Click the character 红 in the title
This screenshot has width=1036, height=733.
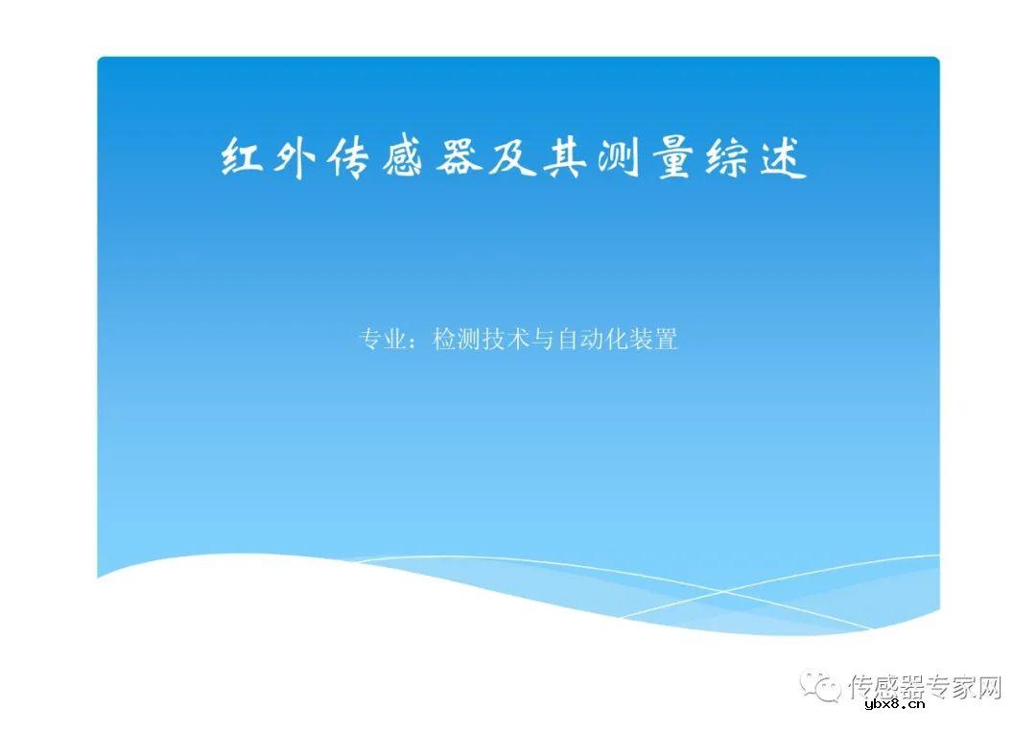(x=242, y=158)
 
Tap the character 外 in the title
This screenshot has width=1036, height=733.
(x=294, y=158)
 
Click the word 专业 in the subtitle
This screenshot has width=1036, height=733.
(x=382, y=340)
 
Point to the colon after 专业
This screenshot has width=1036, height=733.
(x=418, y=342)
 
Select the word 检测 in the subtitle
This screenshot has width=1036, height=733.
(x=457, y=340)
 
